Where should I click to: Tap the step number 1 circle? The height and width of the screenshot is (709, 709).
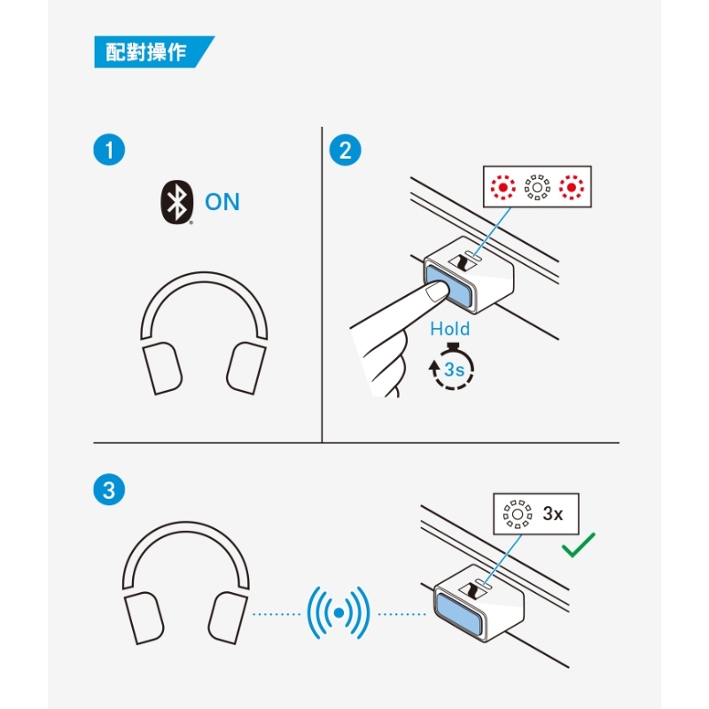(109, 150)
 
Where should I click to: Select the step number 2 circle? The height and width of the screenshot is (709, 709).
(345, 150)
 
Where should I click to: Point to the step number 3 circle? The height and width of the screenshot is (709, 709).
(109, 490)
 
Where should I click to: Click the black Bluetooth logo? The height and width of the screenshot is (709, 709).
(177, 202)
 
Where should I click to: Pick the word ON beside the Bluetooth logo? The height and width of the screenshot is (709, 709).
(222, 202)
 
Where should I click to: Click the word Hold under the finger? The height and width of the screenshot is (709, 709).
(450, 329)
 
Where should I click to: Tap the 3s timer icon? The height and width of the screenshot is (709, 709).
(452, 366)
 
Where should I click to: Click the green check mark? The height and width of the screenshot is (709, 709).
(579, 545)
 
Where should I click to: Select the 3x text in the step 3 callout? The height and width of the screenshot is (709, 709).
(552, 514)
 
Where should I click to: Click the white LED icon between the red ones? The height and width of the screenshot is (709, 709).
(537, 187)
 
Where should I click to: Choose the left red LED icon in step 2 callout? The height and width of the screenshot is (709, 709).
(503, 187)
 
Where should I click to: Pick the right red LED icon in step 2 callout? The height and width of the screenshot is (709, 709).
(572, 187)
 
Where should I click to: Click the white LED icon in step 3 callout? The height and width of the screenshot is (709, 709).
(518, 514)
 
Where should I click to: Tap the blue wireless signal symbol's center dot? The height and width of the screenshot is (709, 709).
(339, 613)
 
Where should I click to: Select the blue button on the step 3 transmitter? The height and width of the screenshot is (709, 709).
(458, 613)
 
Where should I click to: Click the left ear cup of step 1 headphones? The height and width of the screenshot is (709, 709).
(162, 368)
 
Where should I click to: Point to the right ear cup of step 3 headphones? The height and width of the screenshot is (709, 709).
(228, 618)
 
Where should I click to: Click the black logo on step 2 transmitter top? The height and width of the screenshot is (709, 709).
(463, 261)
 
